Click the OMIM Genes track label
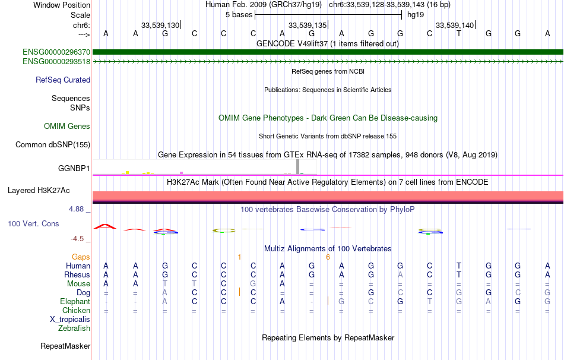(67, 126)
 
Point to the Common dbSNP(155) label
(53, 144)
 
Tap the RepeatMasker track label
(65, 346)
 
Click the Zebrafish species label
(74, 328)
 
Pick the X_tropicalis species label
(70, 319)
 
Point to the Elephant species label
(75, 301)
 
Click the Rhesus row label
(77, 275)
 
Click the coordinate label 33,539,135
(308, 25)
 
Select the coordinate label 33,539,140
(455, 25)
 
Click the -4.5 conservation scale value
(77, 239)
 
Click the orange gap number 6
(328, 257)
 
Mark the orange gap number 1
(239, 257)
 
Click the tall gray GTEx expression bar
(298, 166)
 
